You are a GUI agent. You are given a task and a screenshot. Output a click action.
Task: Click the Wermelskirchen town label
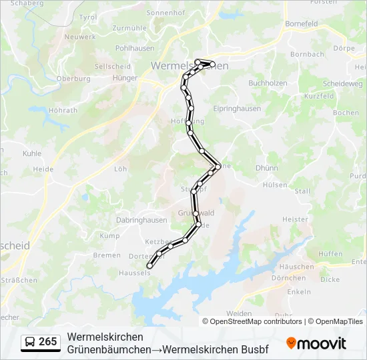tap(190, 65)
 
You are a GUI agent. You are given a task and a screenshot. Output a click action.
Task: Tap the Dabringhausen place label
tap(142, 219)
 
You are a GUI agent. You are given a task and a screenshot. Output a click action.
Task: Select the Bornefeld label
tap(302, 23)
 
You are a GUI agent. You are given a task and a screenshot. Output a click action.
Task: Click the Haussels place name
tap(135, 272)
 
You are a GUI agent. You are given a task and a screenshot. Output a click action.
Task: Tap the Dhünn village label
tap(266, 168)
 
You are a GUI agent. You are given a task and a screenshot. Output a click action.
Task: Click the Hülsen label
tap(275, 185)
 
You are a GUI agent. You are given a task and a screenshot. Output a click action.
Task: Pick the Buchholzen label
tap(268, 83)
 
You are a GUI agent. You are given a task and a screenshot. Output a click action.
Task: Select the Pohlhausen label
tap(134, 49)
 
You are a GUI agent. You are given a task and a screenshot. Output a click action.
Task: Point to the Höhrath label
tap(63, 111)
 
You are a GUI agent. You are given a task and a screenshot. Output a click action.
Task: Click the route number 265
tap(48, 341)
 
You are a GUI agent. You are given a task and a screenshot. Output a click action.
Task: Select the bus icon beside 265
tap(30, 342)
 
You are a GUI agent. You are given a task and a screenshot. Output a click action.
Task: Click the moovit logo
tap(316, 343)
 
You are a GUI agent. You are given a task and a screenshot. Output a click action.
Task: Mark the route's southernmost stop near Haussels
tap(149, 266)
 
